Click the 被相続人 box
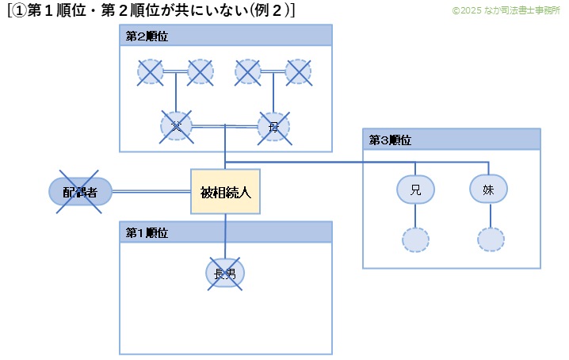click(x=225, y=191)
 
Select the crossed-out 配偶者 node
click(x=80, y=191)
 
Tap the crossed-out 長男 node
click(x=225, y=274)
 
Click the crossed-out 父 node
click(x=176, y=127)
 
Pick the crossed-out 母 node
click(x=273, y=127)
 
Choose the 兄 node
click(x=415, y=190)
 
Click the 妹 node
click(x=489, y=189)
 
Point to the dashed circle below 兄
click(x=415, y=239)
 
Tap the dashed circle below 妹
click(x=491, y=239)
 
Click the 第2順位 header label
click(x=147, y=36)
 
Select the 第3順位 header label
click(x=390, y=140)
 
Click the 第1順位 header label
click(x=147, y=233)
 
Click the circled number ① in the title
click(x=20, y=11)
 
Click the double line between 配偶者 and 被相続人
click(x=151, y=191)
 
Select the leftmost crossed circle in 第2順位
click(x=151, y=72)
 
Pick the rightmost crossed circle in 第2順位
click(x=298, y=72)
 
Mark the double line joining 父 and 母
click(x=224, y=125)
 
